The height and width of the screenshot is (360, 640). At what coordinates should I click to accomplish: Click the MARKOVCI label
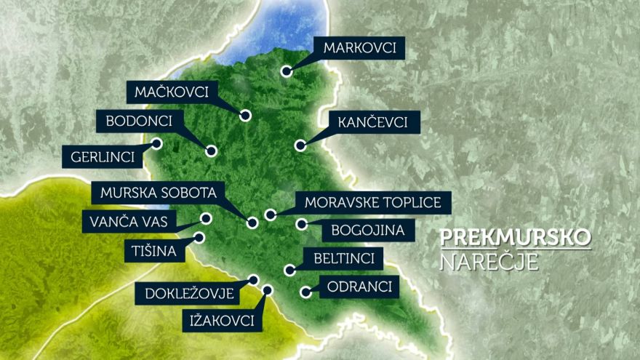click(x=359, y=49)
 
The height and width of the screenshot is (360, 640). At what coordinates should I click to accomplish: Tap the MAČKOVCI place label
click(x=172, y=92)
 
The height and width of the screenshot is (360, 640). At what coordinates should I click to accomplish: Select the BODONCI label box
click(x=140, y=121)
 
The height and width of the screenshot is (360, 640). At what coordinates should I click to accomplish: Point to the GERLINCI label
click(x=102, y=156)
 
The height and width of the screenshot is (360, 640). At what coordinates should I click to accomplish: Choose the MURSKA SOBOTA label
click(x=158, y=193)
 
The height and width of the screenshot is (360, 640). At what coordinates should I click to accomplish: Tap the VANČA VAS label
click(x=129, y=221)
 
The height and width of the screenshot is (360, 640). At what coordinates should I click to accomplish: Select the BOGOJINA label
click(x=362, y=231)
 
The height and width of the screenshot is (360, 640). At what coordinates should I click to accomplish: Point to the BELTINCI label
click(x=343, y=258)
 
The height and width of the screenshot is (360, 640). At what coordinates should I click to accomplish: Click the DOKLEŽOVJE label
click(x=189, y=294)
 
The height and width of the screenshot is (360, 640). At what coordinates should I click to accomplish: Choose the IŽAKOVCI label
click(x=223, y=321)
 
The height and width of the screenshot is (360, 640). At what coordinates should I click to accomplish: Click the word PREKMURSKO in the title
click(x=515, y=238)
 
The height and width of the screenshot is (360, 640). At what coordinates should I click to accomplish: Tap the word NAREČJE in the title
click(x=489, y=261)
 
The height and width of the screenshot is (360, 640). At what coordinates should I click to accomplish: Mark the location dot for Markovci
click(x=287, y=71)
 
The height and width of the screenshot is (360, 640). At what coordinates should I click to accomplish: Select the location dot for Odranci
click(x=306, y=292)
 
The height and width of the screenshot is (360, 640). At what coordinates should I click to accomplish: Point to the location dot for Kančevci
click(x=300, y=145)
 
